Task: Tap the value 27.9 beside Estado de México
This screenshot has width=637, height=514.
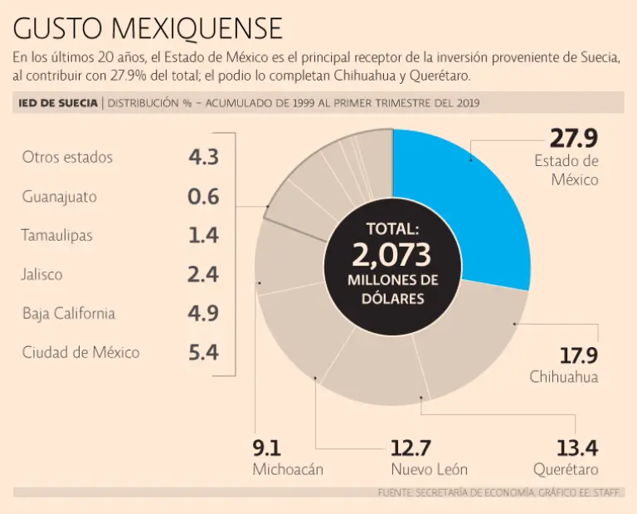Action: click(x=574, y=139)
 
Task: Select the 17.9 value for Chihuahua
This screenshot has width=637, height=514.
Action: click(x=578, y=356)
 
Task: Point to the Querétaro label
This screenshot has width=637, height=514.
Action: click(x=566, y=469)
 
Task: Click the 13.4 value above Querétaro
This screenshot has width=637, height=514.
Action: click(x=577, y=448)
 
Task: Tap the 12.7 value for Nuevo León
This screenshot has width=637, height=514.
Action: click(x=411, y=448)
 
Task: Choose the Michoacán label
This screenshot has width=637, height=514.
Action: click(x=288, y=469)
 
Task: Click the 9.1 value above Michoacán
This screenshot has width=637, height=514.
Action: click(x=267, y=448)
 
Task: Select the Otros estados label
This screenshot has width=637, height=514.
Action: click(x=67, y=157)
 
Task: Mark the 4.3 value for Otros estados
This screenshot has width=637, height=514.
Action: click(x=203, y=157)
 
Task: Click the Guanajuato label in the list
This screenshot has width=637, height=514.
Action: click(x=59, y=197)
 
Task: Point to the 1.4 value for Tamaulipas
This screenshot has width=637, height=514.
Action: click(x=203, y=236)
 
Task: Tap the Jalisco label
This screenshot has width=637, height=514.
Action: click(x=43, y=275)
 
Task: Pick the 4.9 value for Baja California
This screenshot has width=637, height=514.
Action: click(x=203, y=314)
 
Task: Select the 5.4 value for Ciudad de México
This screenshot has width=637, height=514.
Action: click(x=203, y=353)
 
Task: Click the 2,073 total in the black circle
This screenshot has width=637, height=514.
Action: click(x=393, y=253)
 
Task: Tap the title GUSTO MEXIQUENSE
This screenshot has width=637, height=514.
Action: click(x=148, y=29)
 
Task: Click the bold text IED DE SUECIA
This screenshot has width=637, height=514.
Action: click(x=57, y=103)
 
